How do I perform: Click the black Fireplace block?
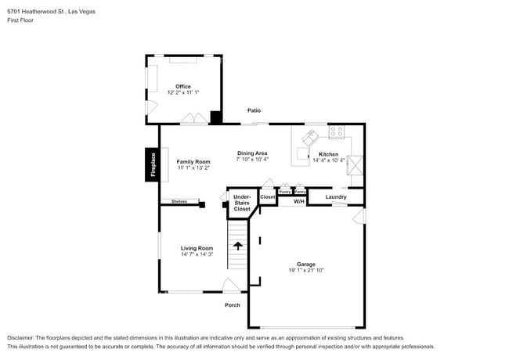[x=152, y=164]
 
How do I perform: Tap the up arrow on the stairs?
[x=238, y=245]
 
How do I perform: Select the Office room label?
[x=183, y=86]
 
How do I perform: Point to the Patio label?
[x=254, y=111]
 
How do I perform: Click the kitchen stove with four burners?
[x=337, y=131]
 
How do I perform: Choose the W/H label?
[x=299, y=202]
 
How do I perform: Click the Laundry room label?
[x=336, y=196]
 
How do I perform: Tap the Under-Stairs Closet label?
[x=242, y=203]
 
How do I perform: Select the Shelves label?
[x=179, y=201]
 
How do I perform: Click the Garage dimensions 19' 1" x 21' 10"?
[x=305, y=270]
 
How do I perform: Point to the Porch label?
[x=232, y=304]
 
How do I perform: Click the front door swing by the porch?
[x=231, y=286]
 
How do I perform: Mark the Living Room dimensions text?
[x=197, y=254]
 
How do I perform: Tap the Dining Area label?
[x=252, y=153]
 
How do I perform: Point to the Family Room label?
[x=193, y=161]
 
